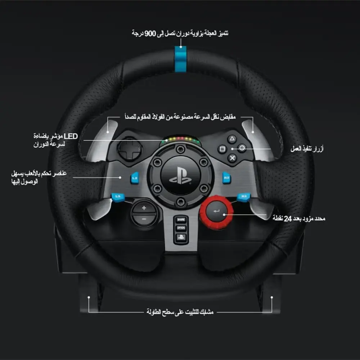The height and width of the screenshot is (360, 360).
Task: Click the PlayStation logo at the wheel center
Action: tap(180, 176)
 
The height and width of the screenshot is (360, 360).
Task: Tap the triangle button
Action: tap(232, 139)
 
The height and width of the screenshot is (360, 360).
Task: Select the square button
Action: tap(222, 149)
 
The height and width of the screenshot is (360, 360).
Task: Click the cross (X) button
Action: tap(232, 158)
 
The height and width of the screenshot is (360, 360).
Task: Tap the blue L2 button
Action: tap(135, 178)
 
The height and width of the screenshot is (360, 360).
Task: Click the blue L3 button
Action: tap(118, 197)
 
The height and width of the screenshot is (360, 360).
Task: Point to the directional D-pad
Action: tap(130, 149)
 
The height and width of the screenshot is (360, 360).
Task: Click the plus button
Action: tap(144, 208)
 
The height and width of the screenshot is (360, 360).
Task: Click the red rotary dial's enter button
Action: tap(216, 211)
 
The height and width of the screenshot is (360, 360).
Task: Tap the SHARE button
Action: tap(181, 220)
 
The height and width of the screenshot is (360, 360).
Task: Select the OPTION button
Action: tap(181, 228)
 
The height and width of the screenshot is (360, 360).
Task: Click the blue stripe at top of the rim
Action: tap(180, 59)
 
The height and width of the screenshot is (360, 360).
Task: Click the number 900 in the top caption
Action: tap(150, 33)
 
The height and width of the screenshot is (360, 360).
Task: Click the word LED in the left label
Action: tap(71, 136)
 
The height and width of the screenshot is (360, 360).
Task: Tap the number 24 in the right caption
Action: tap(288, 219)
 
